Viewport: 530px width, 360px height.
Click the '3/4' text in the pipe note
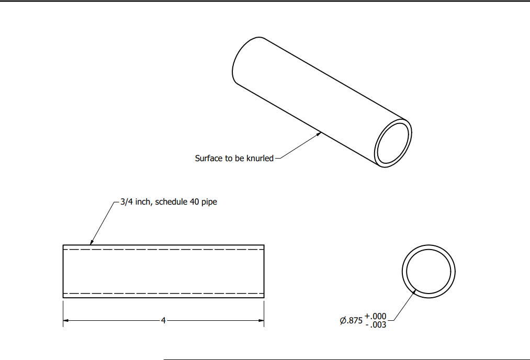[126, 201]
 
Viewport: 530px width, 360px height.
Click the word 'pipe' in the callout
[210, 202]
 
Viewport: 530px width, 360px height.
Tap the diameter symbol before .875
[343, 321]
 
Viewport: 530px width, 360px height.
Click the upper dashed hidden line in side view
[163, 250]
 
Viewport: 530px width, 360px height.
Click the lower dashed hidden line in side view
[163, 293]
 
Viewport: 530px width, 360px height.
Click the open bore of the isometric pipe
[394, 144]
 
